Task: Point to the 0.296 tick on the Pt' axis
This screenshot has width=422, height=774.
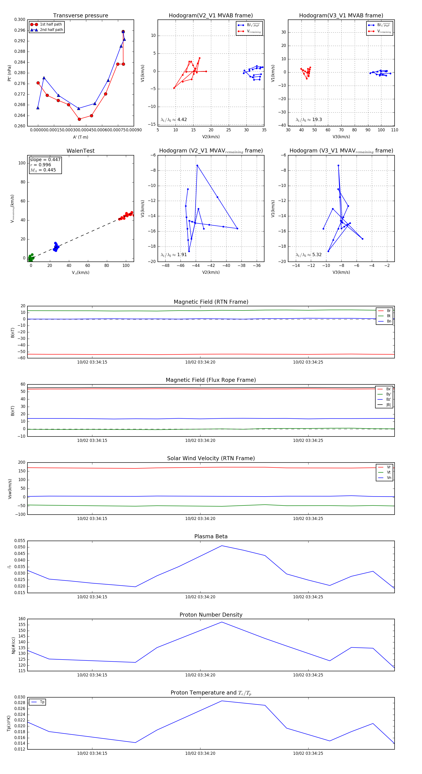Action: (x=20, y=30)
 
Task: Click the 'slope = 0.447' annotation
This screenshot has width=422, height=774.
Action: (x=45, y=159)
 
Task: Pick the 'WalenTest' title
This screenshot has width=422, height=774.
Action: (x=80, y=151)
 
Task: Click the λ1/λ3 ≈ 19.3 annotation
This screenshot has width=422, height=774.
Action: (x=309, y=120)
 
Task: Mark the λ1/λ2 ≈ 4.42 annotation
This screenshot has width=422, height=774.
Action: (x=173, y=120)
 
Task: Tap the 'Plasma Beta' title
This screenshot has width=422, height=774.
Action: (x=211, y=536)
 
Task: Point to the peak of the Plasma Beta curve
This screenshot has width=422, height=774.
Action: (x=222, y=546)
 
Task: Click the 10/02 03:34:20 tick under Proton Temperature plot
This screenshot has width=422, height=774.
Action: (x=200, y=753)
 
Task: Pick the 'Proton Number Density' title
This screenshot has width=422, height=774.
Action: (x=211, y=615)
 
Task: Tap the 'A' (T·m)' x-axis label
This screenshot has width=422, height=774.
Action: (x=80, y=137)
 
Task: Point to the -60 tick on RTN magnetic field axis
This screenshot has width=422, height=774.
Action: (x=22, y=358)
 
